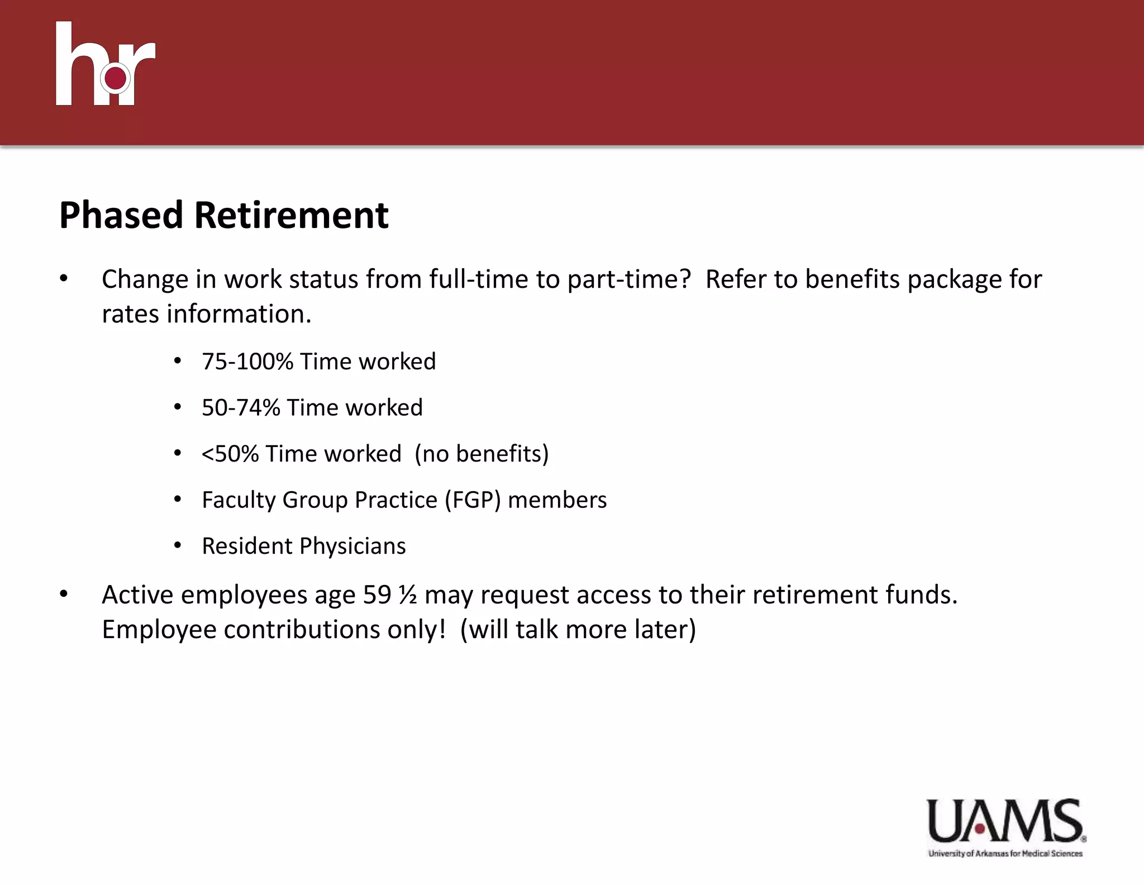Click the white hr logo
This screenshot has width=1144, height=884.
pos(105,64)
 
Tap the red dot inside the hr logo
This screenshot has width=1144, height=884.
pos(116,79)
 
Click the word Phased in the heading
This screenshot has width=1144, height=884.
pos(121,215)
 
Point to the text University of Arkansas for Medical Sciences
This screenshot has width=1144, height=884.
pos(1005,853)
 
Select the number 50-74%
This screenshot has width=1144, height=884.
pos(241,408)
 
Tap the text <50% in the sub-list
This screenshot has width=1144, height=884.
pos(230,454)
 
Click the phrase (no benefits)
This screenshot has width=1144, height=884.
pos(482,454)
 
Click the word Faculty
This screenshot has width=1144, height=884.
pos(239,500)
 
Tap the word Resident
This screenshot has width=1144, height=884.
pos(247,546)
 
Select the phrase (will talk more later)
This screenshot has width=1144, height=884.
pos(578,630)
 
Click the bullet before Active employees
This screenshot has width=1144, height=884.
pos(64,595)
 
